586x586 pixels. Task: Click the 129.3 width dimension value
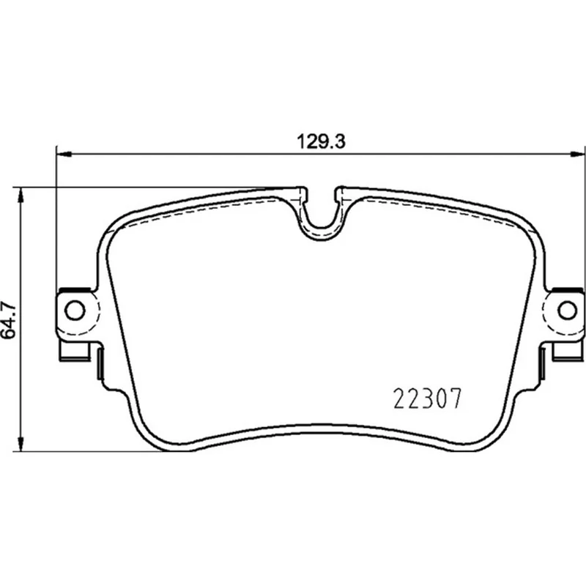tap(321, 142)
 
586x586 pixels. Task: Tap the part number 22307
tap(428, 398)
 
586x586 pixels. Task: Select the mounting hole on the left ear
tap(75, 310)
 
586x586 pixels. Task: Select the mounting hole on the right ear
tap(567, 310)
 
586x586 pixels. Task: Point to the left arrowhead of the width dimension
tap(64, 154)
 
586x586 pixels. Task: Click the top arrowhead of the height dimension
tap(21, 195)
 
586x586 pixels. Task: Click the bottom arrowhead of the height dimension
tap(21, 443)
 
